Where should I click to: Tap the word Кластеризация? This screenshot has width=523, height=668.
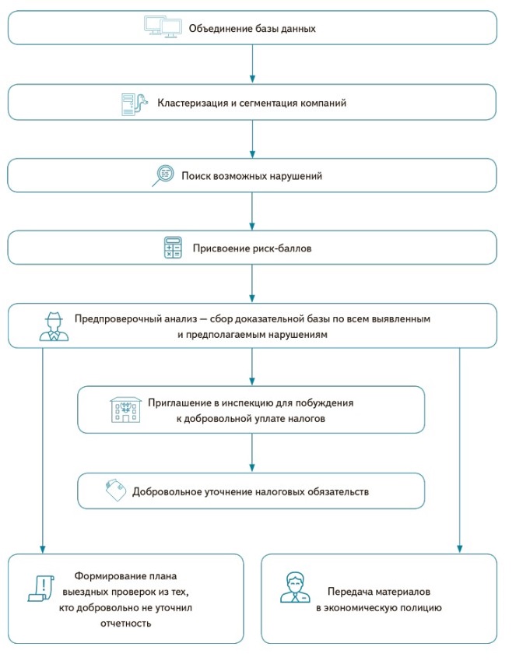pos(192,103)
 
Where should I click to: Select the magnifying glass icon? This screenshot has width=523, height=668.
pos(162,175)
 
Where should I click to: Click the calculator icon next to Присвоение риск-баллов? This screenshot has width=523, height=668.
pos(172,248)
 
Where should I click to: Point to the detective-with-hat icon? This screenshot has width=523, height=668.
pos(54,326)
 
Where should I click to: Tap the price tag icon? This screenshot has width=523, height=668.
pos(116,491)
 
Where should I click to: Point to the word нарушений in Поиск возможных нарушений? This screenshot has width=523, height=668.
pos(294,176)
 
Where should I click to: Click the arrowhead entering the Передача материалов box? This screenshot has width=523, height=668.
pos(460,547)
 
